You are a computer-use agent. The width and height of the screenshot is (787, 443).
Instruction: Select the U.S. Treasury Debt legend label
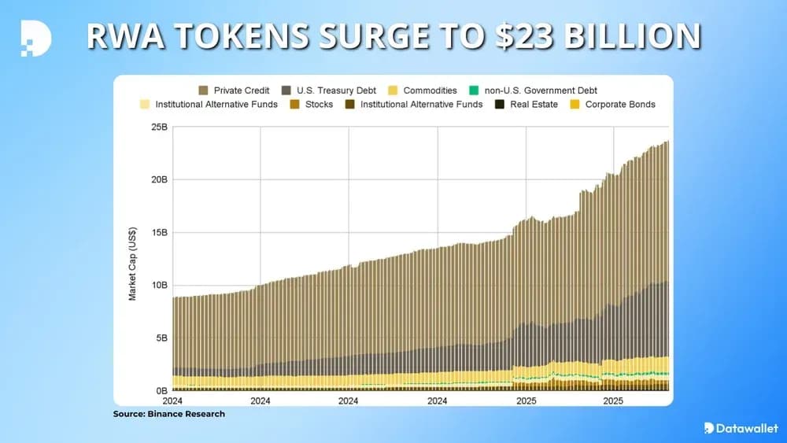click(336, 90)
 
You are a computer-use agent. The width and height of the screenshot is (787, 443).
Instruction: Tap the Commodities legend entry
click(430, 90)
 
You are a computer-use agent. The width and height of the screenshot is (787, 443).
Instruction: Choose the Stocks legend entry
click(319, 104)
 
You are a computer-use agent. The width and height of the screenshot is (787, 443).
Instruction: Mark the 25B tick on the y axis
click(159, 127)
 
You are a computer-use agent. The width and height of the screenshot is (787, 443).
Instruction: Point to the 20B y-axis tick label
click(159, 179)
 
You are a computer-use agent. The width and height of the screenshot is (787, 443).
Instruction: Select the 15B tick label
click(159, 233)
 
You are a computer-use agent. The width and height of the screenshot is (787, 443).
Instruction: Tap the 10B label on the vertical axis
click(159, 286)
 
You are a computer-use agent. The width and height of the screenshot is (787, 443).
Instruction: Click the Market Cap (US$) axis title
click(133, 260)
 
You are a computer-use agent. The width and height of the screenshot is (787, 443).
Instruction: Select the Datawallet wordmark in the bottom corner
click(746, 428)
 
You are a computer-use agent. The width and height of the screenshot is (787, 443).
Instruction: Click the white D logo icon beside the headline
click(35, 37)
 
